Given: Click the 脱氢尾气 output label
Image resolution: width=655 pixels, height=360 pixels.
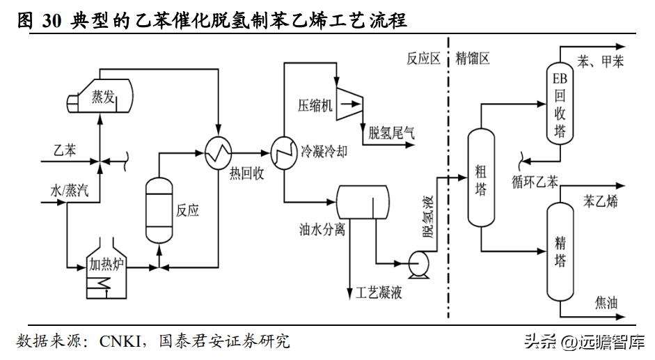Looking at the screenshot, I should tap(391, 133).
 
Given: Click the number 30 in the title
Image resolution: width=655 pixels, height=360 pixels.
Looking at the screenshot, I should tap(53, 22).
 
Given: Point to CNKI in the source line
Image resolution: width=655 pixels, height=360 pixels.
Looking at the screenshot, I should tap(121, 341).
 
